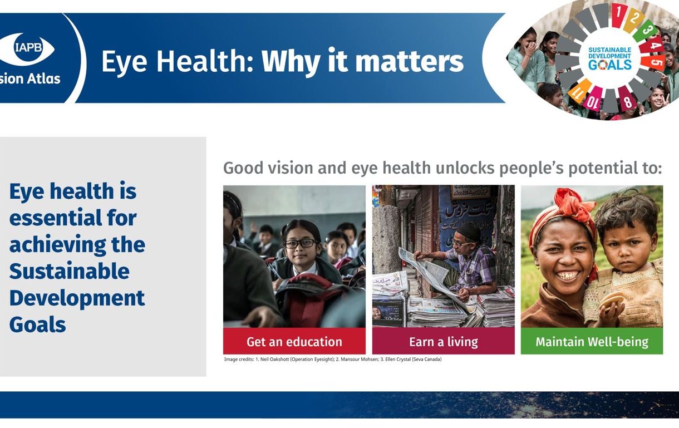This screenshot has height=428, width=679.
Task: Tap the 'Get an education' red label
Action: tap(294, 341)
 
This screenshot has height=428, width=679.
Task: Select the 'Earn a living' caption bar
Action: tap(444, 341)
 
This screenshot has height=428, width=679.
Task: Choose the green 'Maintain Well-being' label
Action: tap(592, 341)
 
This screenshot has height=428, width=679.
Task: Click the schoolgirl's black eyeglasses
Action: tap(300, 243)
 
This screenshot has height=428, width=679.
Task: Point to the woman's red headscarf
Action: tap(570, 212)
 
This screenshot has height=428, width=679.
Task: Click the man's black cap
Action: tap(469, 232)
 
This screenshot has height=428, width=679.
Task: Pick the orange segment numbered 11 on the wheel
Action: tap(579, 91)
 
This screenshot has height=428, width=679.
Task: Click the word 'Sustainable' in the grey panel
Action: tap(70, 271)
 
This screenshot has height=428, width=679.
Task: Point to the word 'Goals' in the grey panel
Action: tap(38, 324)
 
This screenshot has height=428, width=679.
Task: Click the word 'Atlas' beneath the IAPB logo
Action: tap(43, 78)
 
